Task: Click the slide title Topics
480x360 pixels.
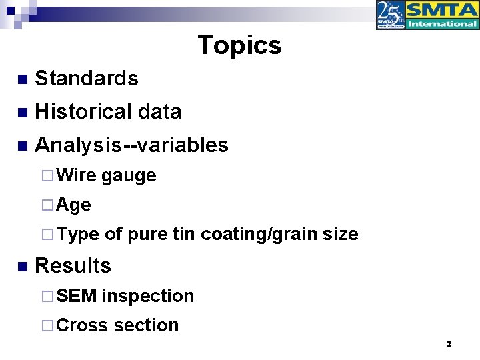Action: [x=239, y=45]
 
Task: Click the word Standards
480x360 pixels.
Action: [x=87, y=79]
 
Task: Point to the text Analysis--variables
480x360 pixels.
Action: [x=131, y=145]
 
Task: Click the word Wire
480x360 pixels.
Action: [x=77, y=175]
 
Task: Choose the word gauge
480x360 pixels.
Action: [x=129, y=176]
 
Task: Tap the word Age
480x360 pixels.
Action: [x=74, y=205]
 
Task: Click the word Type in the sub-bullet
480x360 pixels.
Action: [x=78, y=234]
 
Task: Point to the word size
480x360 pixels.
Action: [x=341, y=234]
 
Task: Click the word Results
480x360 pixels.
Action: [x=73, y=265]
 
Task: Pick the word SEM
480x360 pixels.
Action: [x=77, y=295]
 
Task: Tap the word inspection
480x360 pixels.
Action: [x=148, y=296]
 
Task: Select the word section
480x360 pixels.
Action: [x=146, y=325]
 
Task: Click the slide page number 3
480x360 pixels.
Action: [x=449, y=345]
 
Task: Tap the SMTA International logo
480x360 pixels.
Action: [x=442, y=15]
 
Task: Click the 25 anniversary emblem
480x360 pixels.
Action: [x=391, y=15]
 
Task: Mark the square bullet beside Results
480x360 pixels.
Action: [x=23, y=267]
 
